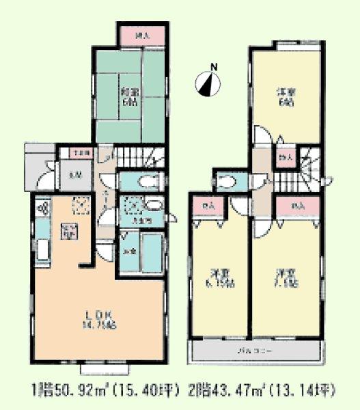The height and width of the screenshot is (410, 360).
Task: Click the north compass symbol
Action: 208,83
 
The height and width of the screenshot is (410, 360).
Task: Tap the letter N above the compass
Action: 214,66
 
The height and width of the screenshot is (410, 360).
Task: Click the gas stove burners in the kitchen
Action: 40,208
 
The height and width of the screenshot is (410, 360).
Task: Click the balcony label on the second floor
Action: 255,351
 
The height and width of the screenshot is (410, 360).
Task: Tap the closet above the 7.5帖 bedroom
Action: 297,205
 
